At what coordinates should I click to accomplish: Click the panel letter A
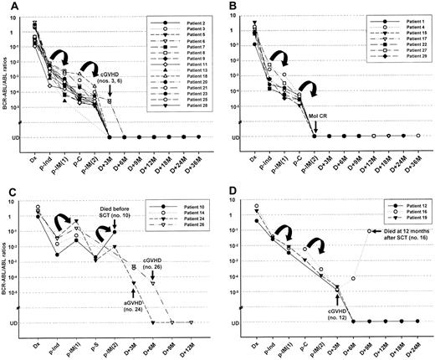[6, 8]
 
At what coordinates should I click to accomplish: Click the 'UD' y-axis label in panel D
[238, 321]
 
